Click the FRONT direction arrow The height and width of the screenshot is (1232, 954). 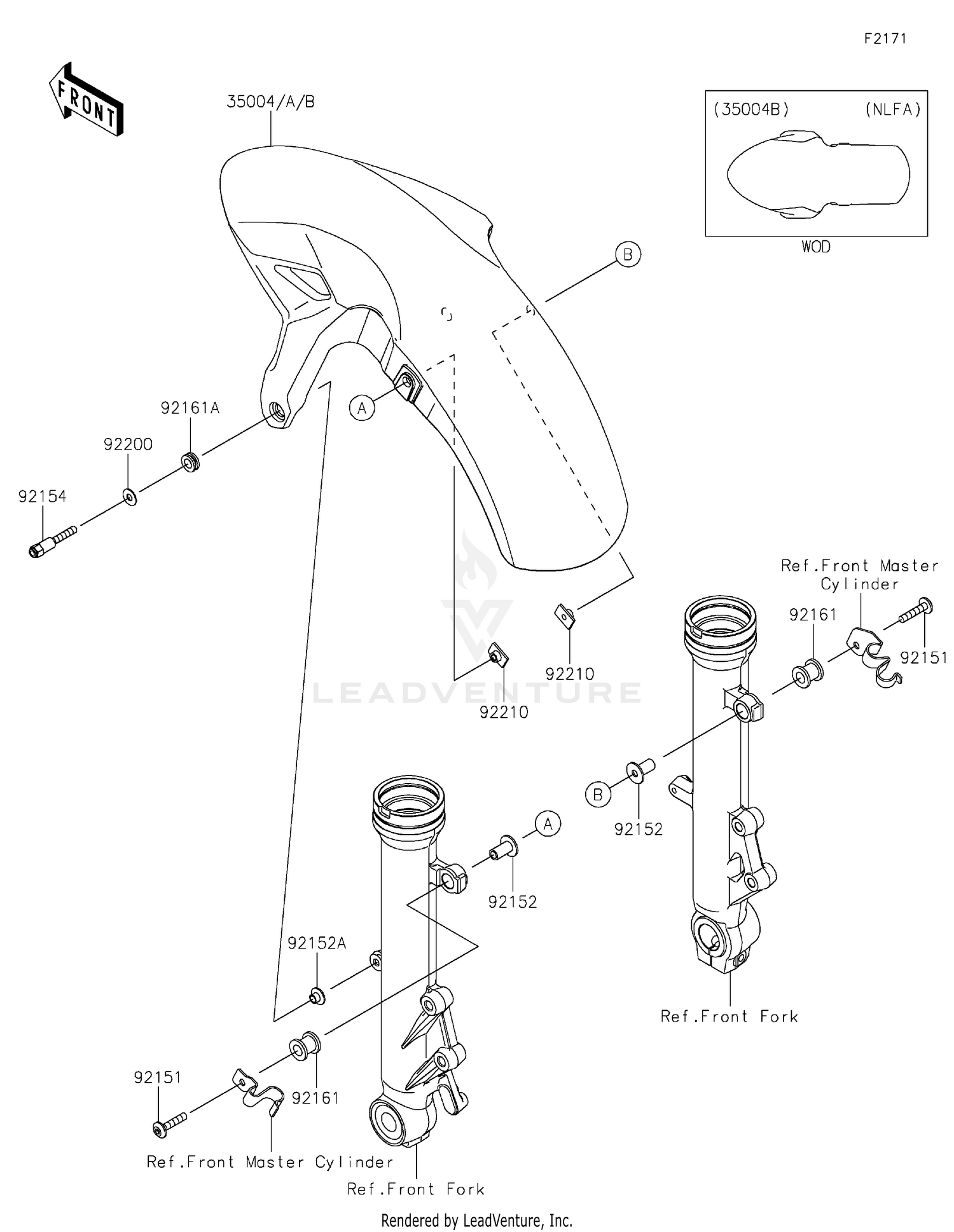click(x=86, y=99)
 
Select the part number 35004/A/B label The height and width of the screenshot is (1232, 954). click(x=271, y=102)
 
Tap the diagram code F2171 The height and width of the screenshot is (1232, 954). click(x=885, y=39)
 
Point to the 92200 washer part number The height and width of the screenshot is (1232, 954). click(x=128, y=444)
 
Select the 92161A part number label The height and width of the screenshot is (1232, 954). click(x=190, y=408)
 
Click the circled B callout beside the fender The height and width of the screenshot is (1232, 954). click(x=628, y=254)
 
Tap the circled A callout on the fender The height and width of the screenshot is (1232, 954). click(x=362, y=408)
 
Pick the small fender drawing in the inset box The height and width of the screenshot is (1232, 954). click(x=818, y=175)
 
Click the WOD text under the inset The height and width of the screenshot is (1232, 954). click(x=816, y=247)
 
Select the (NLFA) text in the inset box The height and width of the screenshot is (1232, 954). click(x=893, y=109)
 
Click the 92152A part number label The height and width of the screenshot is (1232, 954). click(x=317, y=943)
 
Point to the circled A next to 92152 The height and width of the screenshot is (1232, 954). click(x=548, y=825)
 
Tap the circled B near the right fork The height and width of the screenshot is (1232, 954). click(x=598, y=795)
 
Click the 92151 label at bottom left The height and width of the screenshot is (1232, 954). click(x=158, y=1078)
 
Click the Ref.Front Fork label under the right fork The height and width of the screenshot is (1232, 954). click(x=729, y=1016)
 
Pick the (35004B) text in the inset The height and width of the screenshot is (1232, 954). click(x=751, y=109)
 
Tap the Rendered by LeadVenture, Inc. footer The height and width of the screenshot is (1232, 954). click(x=477, y=1221)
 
